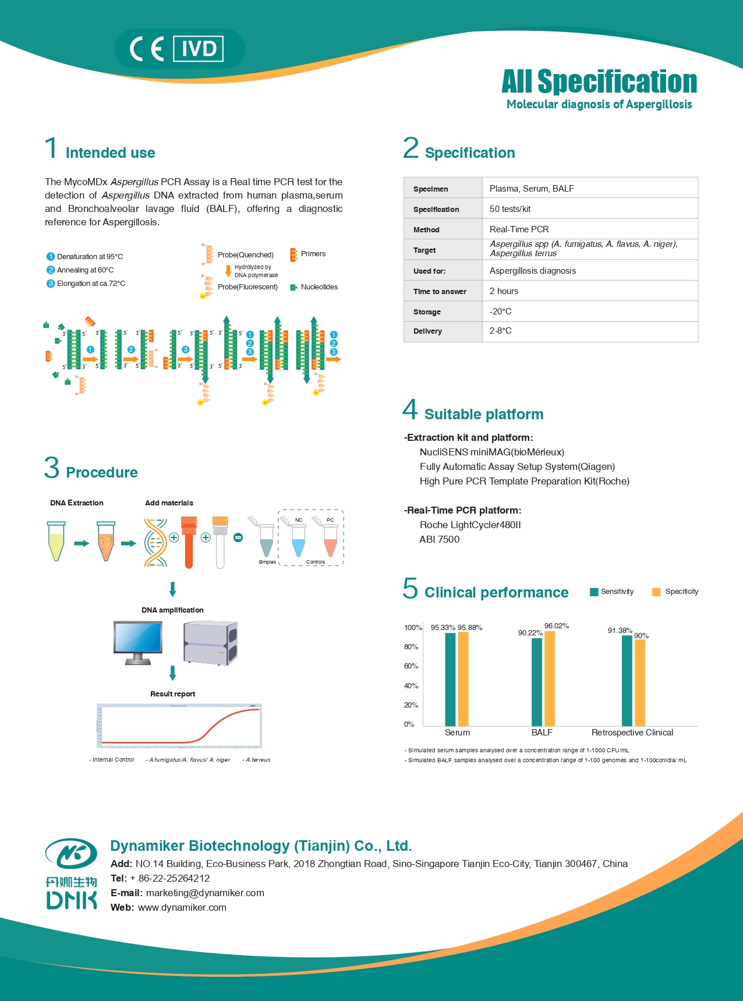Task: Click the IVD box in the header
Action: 199,49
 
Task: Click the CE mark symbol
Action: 147,49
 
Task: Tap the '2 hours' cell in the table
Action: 504,291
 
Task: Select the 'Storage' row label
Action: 427,312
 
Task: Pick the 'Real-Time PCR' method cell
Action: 519,229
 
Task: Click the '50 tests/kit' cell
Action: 510,209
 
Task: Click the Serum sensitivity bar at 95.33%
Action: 450,679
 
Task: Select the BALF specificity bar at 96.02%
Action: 549,678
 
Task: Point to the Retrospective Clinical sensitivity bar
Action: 627,680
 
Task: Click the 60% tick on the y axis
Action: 411,666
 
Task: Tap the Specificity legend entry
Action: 675,592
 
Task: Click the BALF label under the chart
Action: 542,733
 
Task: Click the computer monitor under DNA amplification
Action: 138,641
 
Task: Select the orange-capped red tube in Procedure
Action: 189,542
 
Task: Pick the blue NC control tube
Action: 298,542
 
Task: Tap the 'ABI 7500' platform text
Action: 439,540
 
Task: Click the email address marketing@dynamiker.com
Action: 205,893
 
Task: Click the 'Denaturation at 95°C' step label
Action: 90,257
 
